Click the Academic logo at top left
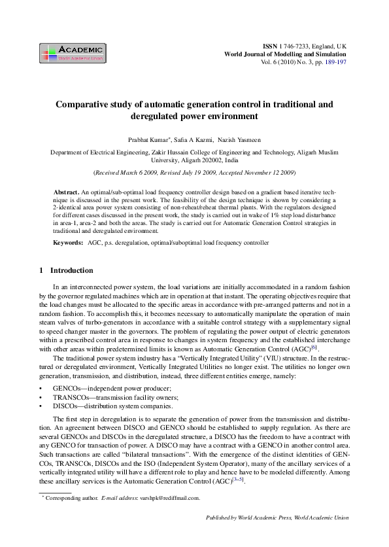[x=72, y=52]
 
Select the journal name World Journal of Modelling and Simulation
[x=285, y=55]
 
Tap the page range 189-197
[x=333, y=63]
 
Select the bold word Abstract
[x=66, y=189]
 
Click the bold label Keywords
[x=68, y=243]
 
